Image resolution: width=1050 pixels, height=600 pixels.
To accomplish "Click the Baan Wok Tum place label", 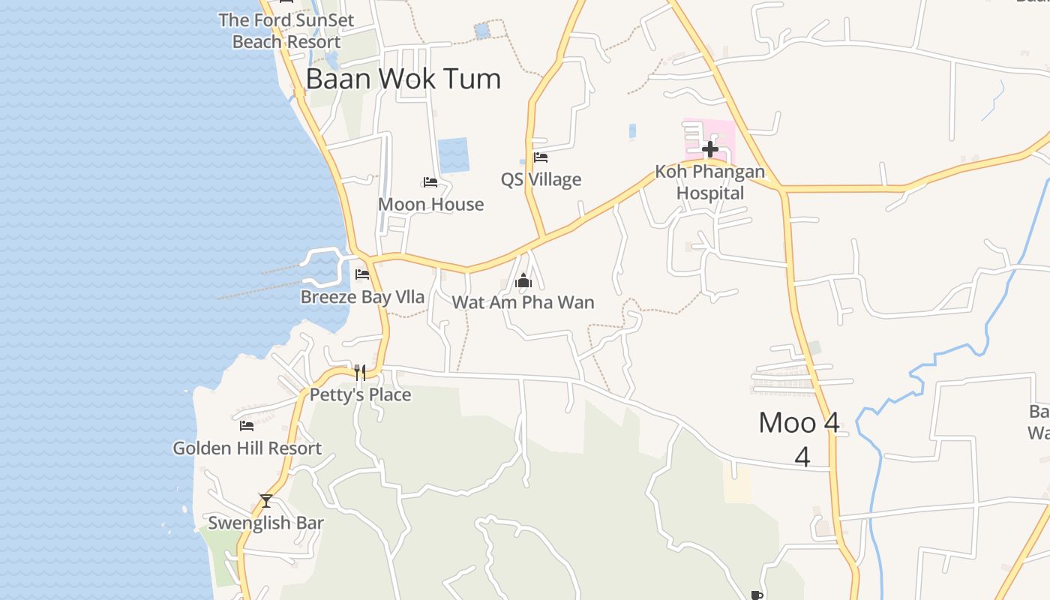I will coord(403,79).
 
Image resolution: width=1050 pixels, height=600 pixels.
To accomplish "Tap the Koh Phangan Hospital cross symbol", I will coord(709,148).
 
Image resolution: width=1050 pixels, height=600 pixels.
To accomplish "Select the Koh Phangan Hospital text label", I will coord(709,182).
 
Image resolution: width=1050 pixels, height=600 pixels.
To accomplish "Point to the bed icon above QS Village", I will coord(541,157).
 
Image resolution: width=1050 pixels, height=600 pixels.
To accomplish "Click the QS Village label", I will coord(541,179).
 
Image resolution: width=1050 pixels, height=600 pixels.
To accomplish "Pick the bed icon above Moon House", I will coord(430,182).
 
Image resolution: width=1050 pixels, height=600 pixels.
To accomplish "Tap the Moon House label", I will coord(430,204).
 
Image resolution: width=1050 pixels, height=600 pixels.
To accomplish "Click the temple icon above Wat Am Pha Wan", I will coord(523,281).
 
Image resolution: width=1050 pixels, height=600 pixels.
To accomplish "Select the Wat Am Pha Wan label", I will coord(523,302).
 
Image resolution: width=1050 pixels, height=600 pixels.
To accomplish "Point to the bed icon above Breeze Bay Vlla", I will coord(362,274).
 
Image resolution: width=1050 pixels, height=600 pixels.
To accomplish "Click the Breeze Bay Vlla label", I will coord(362,297).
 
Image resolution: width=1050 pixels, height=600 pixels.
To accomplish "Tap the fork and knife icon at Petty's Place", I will coord(360,373).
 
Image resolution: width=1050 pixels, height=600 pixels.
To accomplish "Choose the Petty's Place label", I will coord(360,394).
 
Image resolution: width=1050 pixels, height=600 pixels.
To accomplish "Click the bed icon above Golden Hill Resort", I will coord(247,426).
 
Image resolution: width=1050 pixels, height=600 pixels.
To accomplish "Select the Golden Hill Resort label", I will coord(247,448).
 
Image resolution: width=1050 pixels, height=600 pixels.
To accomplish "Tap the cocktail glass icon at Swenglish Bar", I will coord(265,500).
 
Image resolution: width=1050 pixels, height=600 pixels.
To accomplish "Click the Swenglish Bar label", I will coord(265,523).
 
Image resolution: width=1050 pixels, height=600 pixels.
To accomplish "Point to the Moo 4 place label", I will coord(799,423).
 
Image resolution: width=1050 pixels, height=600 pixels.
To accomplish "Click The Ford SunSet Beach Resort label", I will coord(286,31).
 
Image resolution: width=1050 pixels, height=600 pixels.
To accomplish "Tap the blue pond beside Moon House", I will coord(453,155).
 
